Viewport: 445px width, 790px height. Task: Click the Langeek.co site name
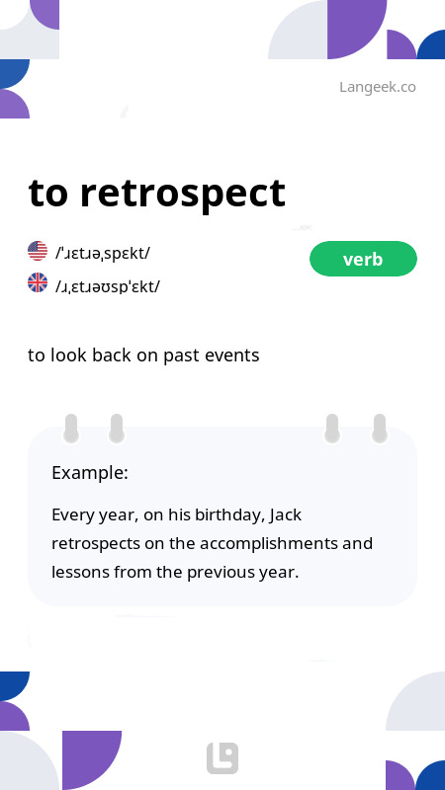[x=377, y=87]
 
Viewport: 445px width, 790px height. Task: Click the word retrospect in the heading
[x=183, y=193]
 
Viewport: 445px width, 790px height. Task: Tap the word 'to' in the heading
[x=48, y=194]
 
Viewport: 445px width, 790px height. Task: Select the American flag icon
[x=38, y=251]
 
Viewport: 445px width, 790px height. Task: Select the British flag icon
[x=38, y=284]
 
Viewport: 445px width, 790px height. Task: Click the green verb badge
[x=363, y=259]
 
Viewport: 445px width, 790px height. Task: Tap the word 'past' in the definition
[x=177, y=355]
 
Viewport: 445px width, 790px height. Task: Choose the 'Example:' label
[x=90, y=473]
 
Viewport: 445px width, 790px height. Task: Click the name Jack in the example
[x=285, y=514]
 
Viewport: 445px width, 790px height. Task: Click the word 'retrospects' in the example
[x=95, y=543]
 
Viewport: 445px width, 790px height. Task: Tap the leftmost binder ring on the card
[x=71, y=428]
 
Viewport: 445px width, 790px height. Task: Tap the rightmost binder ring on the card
[x=379, y=428]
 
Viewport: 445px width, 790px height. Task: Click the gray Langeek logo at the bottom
[x=222, y=758]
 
